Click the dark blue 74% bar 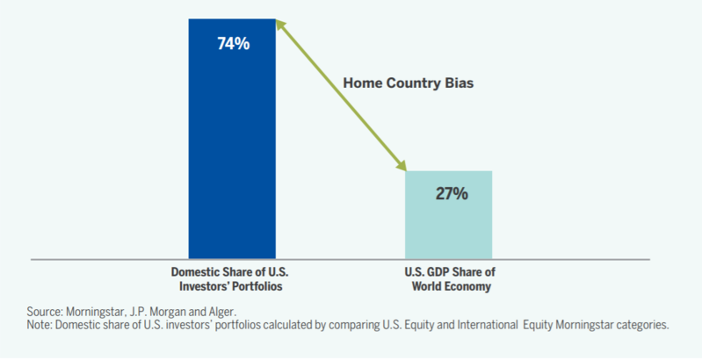[x=232, y=139]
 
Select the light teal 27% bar [x=449, y=214]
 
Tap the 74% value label [x=233, y=44]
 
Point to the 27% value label [x=452, y=194]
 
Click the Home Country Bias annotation [x=409, y=83]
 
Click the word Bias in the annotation [x=459, y=83]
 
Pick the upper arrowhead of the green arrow [x=280, y=25]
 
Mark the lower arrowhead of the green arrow [x=401, y=165]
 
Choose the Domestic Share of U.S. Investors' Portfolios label [x=230, y=279]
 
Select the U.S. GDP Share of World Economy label [x=451, y=279]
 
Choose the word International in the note [x=488, y=325]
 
